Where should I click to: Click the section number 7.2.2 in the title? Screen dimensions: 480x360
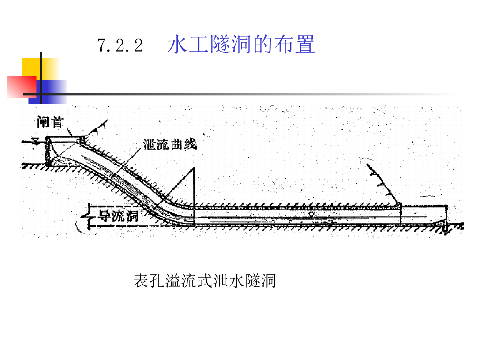pyautogui.click(x=120, y=46)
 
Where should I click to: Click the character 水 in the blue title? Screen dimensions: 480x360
pyautogui.click(x=177, y=45)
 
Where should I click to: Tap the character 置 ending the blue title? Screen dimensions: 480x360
pyautogui.click(x=305, y=45)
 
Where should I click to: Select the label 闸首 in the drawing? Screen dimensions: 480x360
pyautogui.click(x=50, y=122)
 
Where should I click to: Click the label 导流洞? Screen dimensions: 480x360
pyautogui.click(x=114, y=216)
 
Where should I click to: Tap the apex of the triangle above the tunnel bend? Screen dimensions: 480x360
pyautogui.click(x=193, y=169)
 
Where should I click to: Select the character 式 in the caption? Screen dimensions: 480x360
pyautogui.click(x=204, y=281)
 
